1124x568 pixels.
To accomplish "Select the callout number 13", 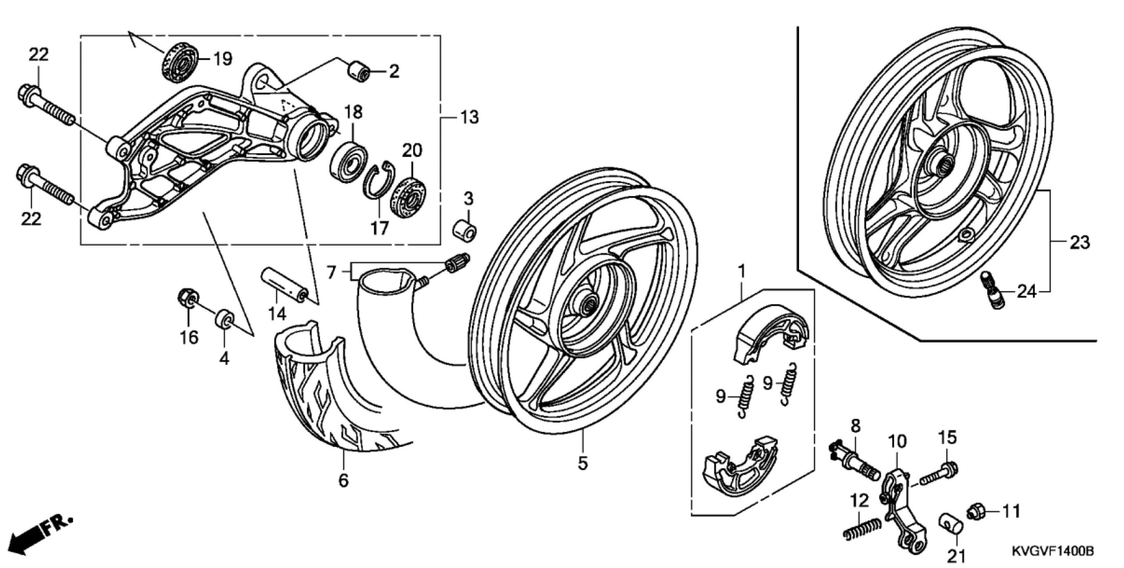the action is pyautogui.click(x=469, y=117).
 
